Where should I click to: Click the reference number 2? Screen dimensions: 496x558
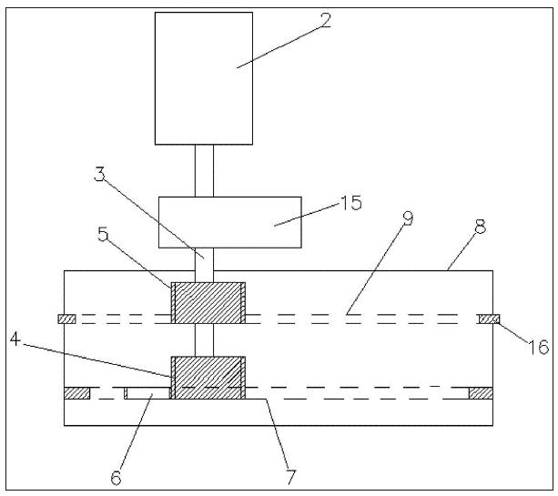click(x=325, y=19)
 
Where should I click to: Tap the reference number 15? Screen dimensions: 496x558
click(x=350, y=203)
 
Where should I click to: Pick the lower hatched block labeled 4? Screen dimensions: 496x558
click(x=208, y=377)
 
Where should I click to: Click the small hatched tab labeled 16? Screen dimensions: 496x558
click(x=489, y=319)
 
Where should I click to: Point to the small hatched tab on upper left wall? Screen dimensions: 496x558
click(x=66, y=319)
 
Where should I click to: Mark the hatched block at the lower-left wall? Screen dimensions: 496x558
click(x=76, y=392)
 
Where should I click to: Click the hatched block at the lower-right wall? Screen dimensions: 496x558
click(x=480, y=392)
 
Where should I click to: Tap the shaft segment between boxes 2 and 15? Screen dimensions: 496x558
click(x=204, y=170)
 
